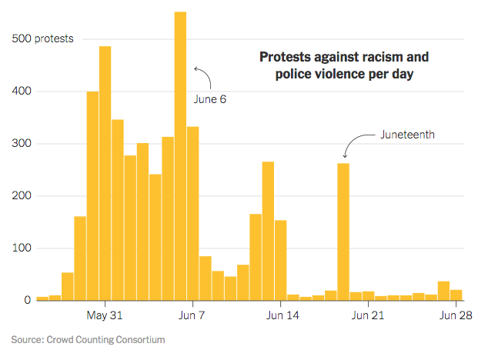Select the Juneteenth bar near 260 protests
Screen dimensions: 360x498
click(343, 231)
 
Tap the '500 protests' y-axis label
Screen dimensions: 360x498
click(42, 39)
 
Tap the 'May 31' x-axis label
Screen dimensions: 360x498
click(105, 315)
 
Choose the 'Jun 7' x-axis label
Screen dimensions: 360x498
click(192, 315)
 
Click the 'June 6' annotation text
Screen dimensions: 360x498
click(209, 100)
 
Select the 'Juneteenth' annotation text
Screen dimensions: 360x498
click(408, 134)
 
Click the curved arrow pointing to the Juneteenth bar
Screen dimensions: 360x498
click(355, 142)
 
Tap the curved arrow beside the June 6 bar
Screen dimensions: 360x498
click(204, 77)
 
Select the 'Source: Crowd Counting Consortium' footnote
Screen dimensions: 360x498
click(88, 339)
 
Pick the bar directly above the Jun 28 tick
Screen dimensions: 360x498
click(456, 295)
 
